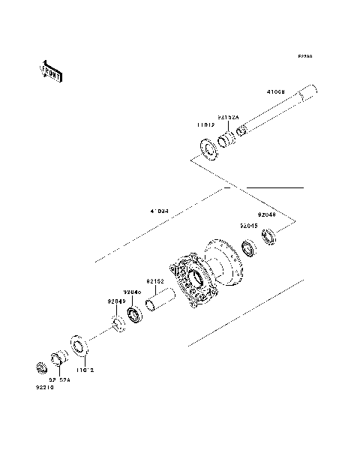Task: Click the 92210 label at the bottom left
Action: pos(45,388)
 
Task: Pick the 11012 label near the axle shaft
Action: pos(207,125)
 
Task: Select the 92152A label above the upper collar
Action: pos(228,118)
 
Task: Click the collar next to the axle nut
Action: pos(58,359)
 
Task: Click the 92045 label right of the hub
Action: pos(249,224)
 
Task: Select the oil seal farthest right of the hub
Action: pos(270,238)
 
